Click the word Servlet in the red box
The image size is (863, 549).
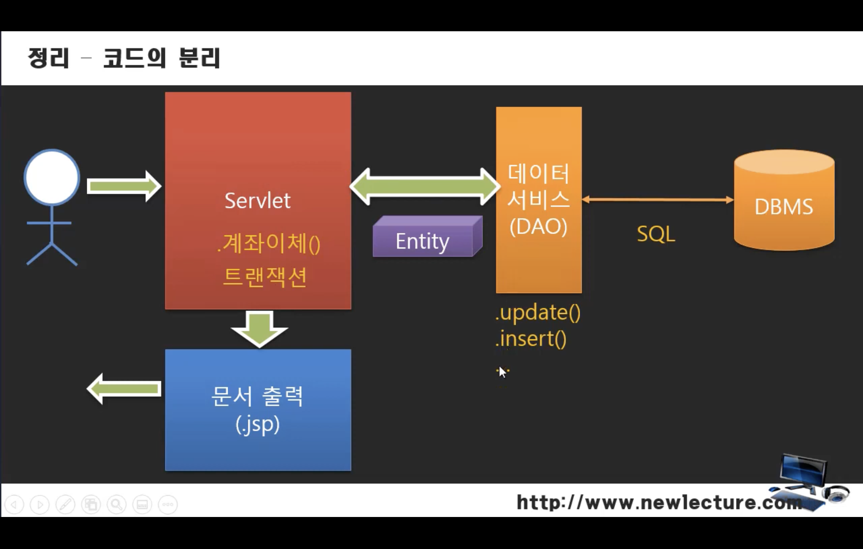click(x=257, y=201)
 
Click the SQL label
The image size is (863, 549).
click(x=656, y=233)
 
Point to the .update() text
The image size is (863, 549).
click(x=538, y=313)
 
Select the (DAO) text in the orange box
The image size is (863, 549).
click(x=539, y=226)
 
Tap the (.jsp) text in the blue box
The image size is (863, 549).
click(x=258, y=424)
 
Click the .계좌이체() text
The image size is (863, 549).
click(x=268, y=244)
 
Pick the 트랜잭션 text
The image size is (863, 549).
click(x=265, y=277)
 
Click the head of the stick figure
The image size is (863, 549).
click(x=52, y=177)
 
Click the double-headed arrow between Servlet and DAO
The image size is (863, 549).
click(x=425, y=186)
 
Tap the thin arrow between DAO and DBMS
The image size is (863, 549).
click(x=658, y=199)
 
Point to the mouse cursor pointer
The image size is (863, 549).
click(x=502, y=372)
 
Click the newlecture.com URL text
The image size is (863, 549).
click(x=659, y=502)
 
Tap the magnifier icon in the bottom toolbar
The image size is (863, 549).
click(x=117, y=504)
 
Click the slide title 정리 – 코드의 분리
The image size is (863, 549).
click(x=124, y=58)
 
